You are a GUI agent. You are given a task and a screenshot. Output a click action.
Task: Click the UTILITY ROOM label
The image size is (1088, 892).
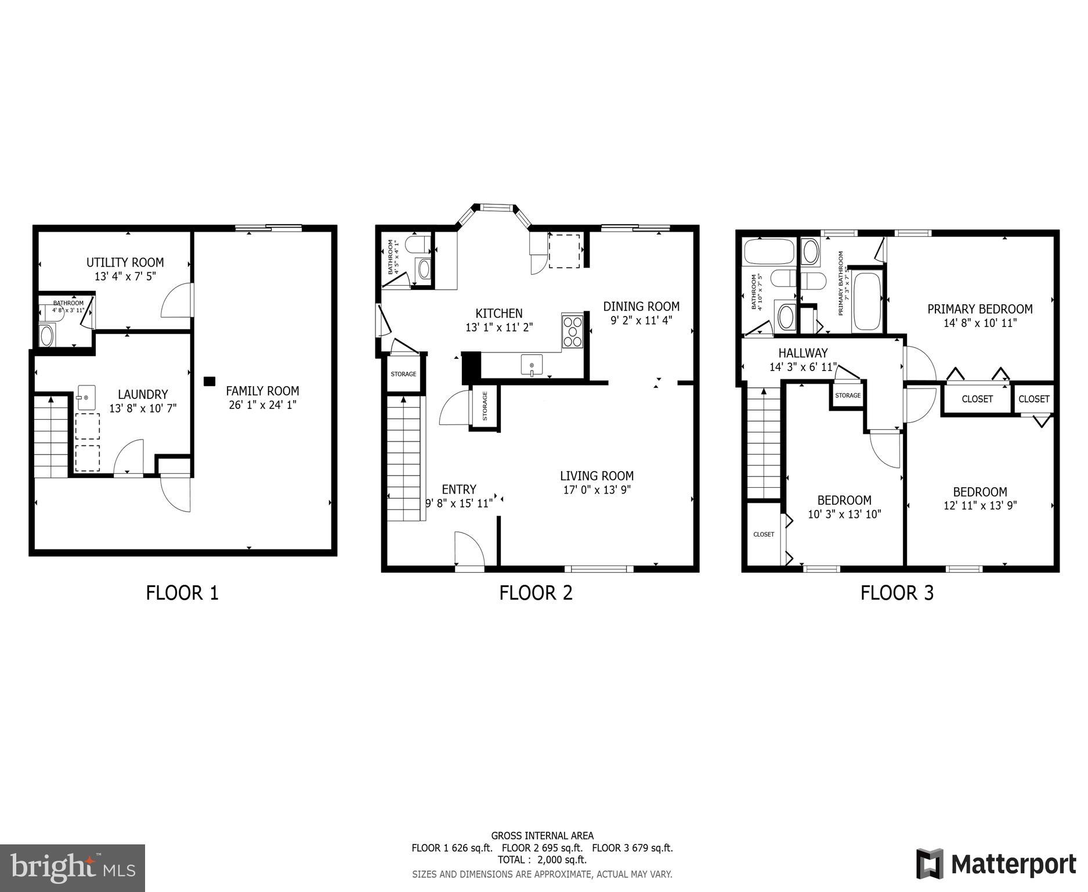125,262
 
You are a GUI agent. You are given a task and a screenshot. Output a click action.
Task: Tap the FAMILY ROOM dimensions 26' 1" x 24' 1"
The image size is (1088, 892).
262,405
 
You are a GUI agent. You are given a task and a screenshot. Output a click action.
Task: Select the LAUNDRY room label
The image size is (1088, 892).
143,394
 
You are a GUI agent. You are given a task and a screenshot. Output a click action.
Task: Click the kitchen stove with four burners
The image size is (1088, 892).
572,331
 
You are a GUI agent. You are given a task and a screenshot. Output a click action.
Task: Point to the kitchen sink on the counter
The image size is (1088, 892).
531,365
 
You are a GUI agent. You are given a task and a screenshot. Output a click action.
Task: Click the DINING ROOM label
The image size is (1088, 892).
641,306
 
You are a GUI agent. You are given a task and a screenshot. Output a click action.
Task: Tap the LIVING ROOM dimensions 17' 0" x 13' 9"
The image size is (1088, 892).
597,490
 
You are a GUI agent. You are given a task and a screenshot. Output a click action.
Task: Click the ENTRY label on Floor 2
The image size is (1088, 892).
458,489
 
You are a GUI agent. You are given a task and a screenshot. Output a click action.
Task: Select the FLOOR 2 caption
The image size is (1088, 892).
536,593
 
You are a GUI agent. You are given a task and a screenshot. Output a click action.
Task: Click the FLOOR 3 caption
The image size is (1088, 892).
897,593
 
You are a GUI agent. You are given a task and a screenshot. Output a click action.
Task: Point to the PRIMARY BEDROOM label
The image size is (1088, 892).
979,309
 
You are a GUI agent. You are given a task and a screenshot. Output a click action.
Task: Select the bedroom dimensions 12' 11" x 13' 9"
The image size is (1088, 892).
979,506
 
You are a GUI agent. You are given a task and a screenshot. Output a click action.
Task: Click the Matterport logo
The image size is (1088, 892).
996,864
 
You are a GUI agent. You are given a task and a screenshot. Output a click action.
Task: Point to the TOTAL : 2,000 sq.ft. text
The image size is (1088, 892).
541,859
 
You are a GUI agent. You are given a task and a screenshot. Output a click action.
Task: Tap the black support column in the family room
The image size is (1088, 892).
209,382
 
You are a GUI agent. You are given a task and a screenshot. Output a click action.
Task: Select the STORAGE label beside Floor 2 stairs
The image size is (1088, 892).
403,374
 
